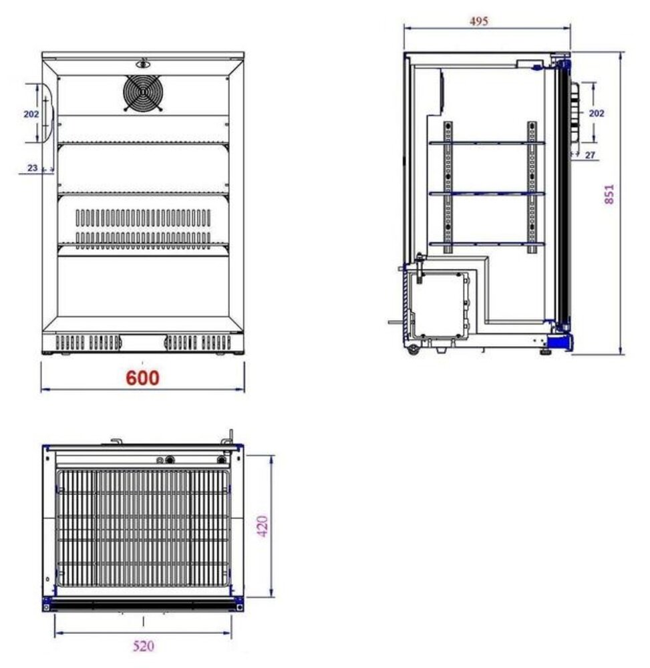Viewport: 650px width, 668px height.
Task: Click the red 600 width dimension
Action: tap(143, 378)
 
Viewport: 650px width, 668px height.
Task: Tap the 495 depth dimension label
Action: tap(478, 21)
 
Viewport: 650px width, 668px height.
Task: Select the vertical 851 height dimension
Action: tap(609, 193)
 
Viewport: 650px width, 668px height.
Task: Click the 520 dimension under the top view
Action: tap(144, 646)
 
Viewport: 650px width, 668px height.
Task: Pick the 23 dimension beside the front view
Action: tap(33, 168)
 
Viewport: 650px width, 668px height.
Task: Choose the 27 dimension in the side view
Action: tap(590, 155)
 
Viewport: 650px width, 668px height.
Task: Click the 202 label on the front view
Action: tap(31, 114)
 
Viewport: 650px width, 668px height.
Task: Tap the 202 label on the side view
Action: tap(596, 114)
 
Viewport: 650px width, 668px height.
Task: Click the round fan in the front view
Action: tap(143, 93)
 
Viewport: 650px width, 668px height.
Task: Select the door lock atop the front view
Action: tap(143, 65)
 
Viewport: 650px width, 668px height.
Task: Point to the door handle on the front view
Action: tap(46, 114)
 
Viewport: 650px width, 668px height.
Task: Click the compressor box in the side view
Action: tap(438, 303)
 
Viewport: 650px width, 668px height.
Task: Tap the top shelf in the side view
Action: tap(486, 142)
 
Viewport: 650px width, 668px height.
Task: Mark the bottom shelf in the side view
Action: tap(486, 243)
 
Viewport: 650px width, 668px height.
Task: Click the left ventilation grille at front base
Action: tap(88, 343)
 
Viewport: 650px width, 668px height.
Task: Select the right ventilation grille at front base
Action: tap(198, 343)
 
